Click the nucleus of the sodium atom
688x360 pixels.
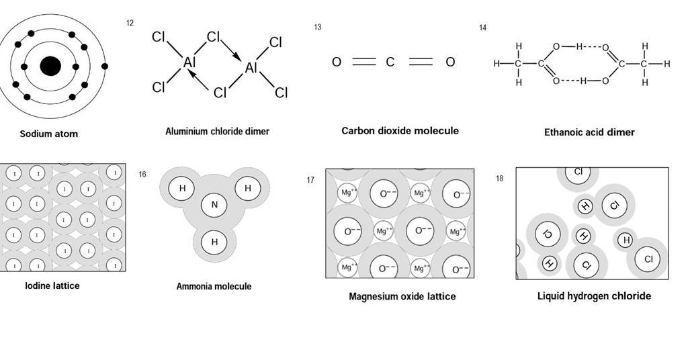(x=50, y=66)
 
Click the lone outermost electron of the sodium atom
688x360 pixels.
(x=105, y=66)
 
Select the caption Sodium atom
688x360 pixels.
(x=48, y=134)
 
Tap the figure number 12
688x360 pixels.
(x=130, y=24)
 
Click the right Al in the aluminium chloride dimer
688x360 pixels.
(x=251, y=68)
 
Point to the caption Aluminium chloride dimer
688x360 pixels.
(x=217, y=132)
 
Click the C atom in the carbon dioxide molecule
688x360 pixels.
(x=390, y=62)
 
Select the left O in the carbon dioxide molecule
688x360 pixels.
(x=337, y=62)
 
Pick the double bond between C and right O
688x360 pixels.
(x=421, y=62)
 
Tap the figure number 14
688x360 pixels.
(x=482, y=28)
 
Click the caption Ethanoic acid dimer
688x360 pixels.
(x=589, y=132)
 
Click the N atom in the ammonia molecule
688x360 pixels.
(x=214, y=206)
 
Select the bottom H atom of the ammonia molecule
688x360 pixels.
(x=214, y=242)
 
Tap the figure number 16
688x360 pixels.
(x=142, y=175)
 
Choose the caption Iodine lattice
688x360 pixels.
(x=52, y=285)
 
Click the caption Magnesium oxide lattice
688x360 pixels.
(x=402, y=296)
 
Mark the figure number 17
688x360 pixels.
(x=310, y=180)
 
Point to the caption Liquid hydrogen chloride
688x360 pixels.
(x=594, y=296)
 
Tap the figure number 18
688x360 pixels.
(x=499, y=179)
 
